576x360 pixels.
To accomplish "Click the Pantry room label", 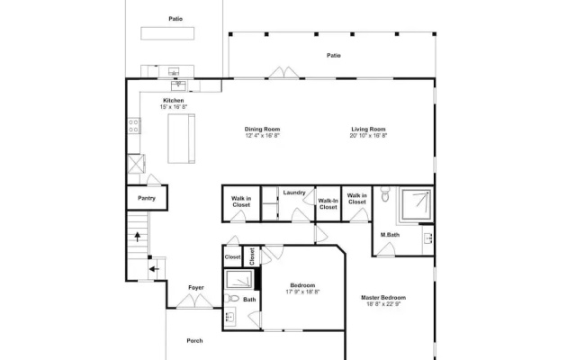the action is point(147,198).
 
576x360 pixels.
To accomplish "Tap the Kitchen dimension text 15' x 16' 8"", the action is point(174,107).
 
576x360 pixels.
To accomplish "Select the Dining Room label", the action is point(262,129).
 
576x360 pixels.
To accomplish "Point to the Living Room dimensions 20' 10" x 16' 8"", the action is point(368,136).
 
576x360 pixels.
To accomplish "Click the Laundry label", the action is point(294,193).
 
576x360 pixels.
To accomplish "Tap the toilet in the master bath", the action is point(385,194).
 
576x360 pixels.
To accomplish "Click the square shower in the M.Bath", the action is point(416,204).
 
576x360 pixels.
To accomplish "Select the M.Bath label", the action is point(390,235).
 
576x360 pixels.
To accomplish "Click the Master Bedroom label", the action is point(383,298).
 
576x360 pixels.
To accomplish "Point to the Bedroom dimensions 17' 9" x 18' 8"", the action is point(302,292).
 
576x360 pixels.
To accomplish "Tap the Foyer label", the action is point(196,288).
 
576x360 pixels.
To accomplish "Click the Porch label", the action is point(194,341).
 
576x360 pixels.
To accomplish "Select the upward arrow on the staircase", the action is point(138,237).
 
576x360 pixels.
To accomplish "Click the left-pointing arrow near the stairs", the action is point(154,269).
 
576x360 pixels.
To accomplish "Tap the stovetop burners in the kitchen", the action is point(134,125).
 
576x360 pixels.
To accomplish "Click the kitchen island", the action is point(182,139).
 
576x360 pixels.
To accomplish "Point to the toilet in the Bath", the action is point(231,298).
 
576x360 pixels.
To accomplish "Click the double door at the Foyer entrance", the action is point(194,301).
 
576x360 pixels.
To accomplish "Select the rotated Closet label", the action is point(252,256).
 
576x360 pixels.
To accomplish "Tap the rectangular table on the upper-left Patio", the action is point(167,33).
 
